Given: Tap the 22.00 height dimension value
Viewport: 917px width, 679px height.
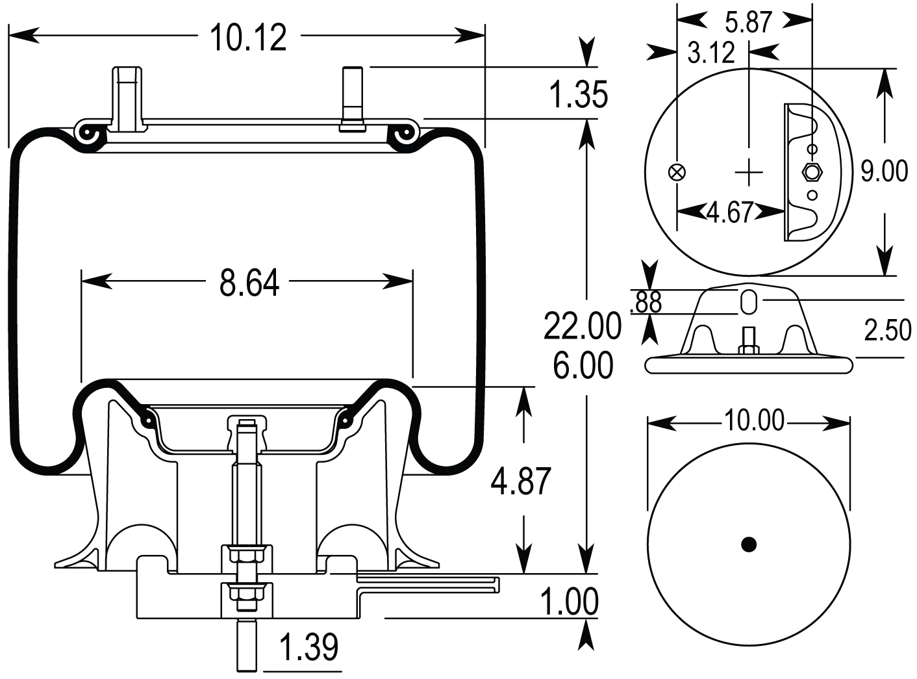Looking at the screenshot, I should [x=582, y=327].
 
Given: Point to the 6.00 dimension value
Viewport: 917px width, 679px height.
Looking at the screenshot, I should [x=583, y=366].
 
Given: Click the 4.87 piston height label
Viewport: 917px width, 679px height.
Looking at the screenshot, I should [x=520, y=481].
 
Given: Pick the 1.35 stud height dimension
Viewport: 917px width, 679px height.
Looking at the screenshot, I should [x=578, y=95].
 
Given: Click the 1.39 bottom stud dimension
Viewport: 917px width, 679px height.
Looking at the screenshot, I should [x=308, y=647].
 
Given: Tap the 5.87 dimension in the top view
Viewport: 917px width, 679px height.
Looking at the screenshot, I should [x=747, y=23].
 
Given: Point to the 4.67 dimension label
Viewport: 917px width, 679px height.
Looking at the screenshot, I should [x=729, y=212].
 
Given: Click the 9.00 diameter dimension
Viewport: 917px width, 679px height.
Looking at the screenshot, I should [x=884, y=172].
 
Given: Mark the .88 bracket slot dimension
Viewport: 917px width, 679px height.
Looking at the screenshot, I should [x=646, y=302].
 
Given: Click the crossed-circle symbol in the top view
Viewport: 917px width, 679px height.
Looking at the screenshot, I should [x=677, y=172].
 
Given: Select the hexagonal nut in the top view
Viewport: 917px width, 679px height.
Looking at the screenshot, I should [x=812, y=172].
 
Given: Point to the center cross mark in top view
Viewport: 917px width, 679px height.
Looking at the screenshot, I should [x=750, y=172].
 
